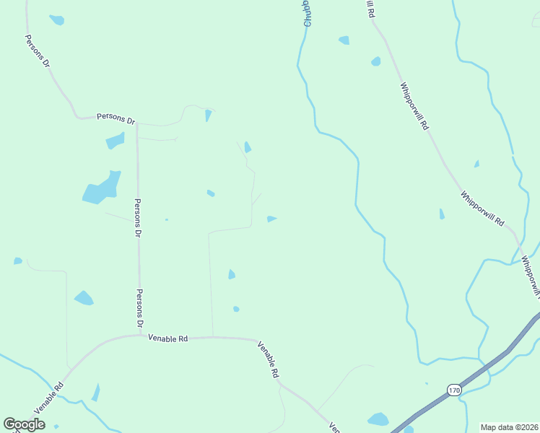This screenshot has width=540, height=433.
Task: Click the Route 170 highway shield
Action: [453, 390]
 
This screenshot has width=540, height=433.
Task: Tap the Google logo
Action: [24, 424]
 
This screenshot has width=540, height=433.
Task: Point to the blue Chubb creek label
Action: [308, 14]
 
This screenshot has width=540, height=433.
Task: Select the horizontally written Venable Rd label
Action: [167, 337]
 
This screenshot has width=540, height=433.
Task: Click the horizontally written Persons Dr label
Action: [116, 118]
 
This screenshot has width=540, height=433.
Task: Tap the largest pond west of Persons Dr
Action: [100, 189]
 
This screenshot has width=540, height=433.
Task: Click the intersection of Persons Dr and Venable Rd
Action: [141, 335]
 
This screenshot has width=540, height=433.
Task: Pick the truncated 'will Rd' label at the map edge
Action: [370, 9]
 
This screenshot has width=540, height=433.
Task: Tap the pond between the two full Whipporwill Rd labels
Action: [441, 214]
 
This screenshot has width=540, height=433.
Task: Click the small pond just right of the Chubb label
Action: [344, 40]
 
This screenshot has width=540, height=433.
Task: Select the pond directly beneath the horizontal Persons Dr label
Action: [115, 141]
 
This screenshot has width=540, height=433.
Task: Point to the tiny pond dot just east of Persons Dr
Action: [167, 219]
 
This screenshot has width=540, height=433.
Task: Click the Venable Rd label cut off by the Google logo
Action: [49, 395]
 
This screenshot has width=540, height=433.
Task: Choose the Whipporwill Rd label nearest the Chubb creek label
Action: [414, 105]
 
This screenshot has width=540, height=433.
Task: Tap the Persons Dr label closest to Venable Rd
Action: [141, 309]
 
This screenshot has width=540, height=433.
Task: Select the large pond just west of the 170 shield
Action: [378, 419]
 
